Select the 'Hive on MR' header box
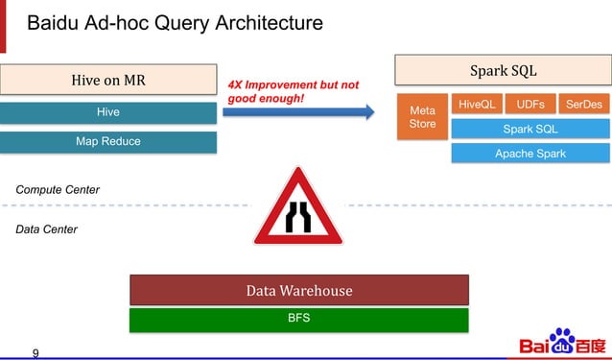pyautogui.click(x=108, y=80)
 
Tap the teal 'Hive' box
pyautogui.click(x=108, y=112)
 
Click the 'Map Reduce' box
pyautogui.click(x=108, y=142)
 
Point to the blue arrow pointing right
pyautogui.click(x=298, y=112)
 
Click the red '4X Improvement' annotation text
pyautogui.click(x=293, y=91)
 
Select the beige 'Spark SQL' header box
pyautogui.click(x=503, y=70)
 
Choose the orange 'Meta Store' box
pyautogui.click(x=422, y=117)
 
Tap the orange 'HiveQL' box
pyautogui.click(x=477, y=104)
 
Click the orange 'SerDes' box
pyautogui.click(x=583, y=104)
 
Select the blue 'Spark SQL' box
pyautogui.click(x=530, y=129)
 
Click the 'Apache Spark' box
pyautogui.click(x=530, y=154)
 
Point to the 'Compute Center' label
pyautogui.click(x=58, y=190)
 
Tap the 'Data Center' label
pyautogui.click(x=47, y=229)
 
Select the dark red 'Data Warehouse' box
pyautogui.click(x=298, y=290)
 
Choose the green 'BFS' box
pyautogui.click(x=298, y=319)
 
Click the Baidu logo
pyautogui.click(x=562, y=343)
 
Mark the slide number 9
pyautogui.click(x=36, y=352)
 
